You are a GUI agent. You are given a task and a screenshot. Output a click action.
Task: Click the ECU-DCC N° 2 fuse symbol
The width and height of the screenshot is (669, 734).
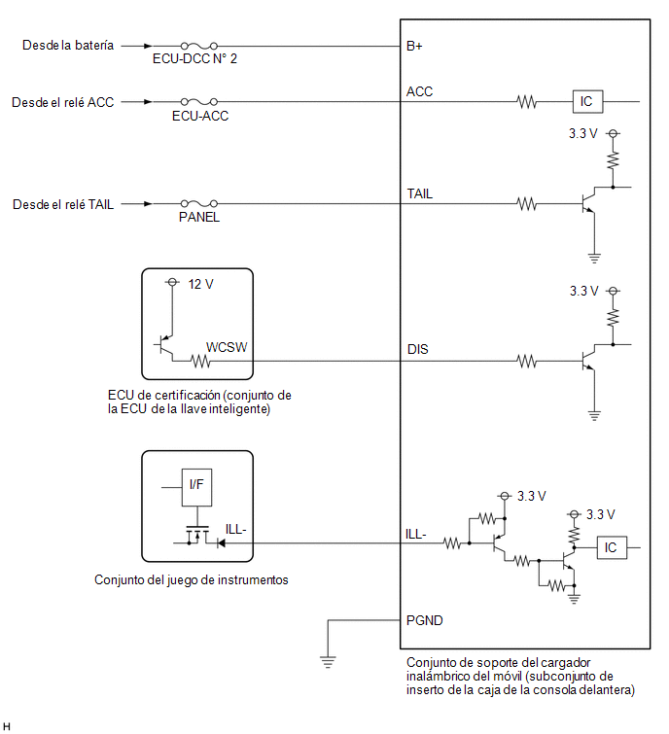point(199,46)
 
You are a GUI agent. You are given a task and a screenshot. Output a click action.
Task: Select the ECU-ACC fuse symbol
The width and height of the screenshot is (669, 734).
point(199,101)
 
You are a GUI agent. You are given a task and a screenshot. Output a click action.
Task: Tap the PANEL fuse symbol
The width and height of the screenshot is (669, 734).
point(199,203)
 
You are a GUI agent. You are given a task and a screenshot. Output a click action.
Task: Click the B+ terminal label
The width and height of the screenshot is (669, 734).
point(414,46)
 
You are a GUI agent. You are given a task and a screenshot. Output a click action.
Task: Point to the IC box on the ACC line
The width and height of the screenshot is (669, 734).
point(587,101)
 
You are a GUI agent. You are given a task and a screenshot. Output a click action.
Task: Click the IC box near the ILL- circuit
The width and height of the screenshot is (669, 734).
point(612,547)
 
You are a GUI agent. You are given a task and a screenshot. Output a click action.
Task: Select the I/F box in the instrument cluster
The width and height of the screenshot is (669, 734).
point(196,487)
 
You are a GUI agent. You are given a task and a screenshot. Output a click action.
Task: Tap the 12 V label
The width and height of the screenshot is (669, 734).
point(201,284)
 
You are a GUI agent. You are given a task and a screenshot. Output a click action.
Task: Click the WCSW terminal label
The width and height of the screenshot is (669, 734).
point(227,347)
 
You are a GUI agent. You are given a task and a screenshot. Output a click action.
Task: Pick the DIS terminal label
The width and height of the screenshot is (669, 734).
point(417,349)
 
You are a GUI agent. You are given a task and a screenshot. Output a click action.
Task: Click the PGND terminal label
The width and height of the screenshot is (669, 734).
point(425,620)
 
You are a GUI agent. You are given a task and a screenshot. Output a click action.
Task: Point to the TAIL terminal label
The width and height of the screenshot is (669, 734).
point(419,193)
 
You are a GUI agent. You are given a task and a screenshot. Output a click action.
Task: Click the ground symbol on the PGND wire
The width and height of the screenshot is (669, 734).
point(328,662)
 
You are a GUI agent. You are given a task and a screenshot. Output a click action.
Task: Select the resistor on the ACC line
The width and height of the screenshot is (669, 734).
point(527,101)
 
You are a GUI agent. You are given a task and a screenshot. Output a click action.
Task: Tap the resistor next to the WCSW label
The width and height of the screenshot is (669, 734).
point(201,361)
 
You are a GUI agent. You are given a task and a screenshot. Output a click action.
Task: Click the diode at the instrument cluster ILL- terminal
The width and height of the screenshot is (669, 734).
point(221,543)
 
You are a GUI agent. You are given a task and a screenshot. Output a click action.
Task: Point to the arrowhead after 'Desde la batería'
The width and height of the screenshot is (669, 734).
point(148,46)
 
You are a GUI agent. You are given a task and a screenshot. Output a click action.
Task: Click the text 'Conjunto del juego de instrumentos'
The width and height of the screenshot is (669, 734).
point(191,580)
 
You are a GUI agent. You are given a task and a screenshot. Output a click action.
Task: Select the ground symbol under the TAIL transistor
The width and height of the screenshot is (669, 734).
point(594,258)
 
